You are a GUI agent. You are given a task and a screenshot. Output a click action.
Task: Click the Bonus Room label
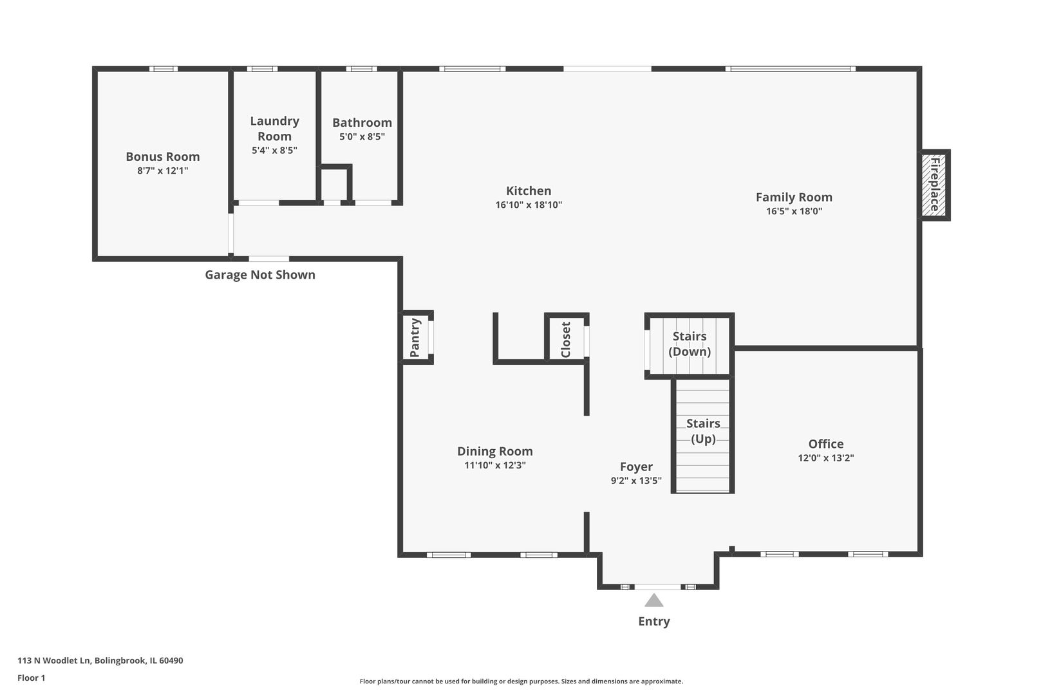point(162,156)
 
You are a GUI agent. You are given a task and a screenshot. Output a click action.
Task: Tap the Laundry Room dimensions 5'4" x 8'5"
point(274,151)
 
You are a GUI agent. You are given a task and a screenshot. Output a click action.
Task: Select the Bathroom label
point(362,122)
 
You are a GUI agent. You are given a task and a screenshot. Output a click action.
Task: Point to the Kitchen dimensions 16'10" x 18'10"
point(529,205)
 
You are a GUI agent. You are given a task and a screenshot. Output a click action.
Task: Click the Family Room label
point(793,197)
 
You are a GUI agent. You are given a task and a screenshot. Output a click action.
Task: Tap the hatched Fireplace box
point(934,185)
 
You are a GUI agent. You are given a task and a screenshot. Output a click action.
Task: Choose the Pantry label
point(415,337)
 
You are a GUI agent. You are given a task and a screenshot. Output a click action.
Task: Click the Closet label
point(565,339)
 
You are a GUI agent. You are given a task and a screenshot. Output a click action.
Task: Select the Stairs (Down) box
point(690,344)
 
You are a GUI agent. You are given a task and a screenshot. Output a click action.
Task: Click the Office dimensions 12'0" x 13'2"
point(825,458)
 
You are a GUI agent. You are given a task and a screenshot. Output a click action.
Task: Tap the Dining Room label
point(494,451)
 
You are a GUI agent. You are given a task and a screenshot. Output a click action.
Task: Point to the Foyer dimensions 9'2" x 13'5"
point(635,481)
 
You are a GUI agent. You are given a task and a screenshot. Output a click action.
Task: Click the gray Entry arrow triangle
point(653,601)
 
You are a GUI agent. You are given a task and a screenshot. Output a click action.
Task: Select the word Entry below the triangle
point(653,621)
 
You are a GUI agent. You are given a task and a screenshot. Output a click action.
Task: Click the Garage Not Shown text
point(259,275)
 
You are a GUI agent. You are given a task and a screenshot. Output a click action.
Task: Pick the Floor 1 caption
point(31,678)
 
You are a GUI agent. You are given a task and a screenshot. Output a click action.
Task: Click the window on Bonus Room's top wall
point(164,69)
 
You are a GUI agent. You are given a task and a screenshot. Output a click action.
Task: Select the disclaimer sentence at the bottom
point(521,681)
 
